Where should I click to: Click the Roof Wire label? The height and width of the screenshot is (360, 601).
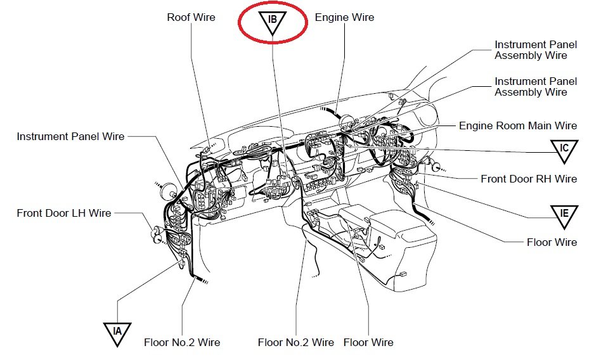191,17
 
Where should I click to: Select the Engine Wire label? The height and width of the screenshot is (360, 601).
344,17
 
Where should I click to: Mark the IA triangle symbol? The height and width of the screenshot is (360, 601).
117,332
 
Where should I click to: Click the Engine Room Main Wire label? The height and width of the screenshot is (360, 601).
518,126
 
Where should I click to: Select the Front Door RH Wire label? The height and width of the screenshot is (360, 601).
529,179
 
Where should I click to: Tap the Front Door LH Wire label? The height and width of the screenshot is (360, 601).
64,213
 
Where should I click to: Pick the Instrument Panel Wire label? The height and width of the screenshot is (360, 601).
70,136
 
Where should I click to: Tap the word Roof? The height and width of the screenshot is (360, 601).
179,17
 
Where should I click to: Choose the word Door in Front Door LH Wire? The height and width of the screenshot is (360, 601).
55,213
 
